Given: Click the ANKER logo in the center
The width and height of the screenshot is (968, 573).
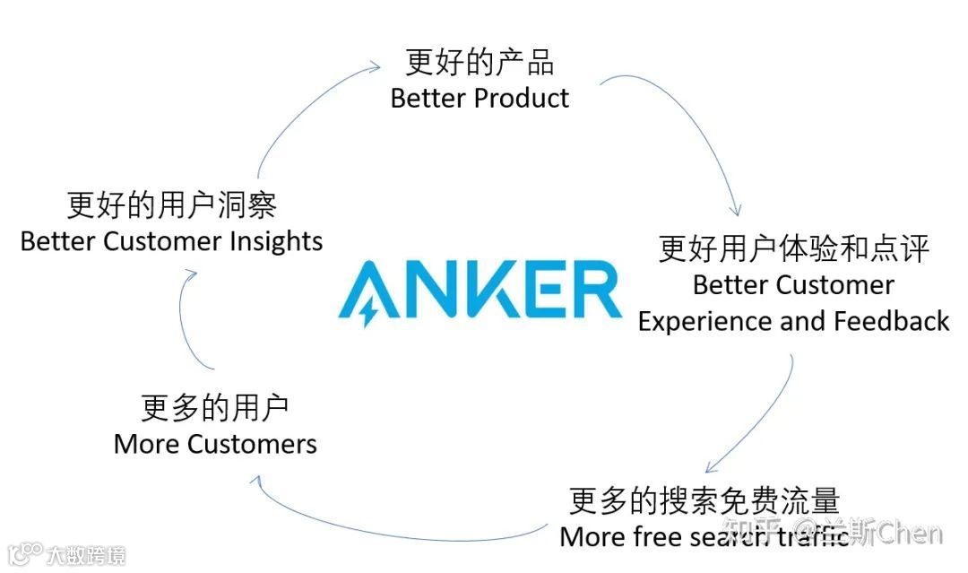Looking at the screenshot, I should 480,290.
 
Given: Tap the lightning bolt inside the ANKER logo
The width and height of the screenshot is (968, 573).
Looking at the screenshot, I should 367,308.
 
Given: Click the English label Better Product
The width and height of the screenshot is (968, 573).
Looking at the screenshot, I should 480,98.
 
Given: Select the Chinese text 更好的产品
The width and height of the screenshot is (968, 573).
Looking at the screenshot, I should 480,63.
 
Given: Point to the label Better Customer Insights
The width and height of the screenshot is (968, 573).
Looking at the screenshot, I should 171,241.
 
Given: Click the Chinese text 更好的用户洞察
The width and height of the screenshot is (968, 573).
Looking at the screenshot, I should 171,205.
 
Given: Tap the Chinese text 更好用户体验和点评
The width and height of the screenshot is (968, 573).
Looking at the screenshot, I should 794,249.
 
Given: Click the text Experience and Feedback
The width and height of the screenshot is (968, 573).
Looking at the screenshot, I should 793,321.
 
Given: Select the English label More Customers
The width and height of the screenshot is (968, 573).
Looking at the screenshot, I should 215,444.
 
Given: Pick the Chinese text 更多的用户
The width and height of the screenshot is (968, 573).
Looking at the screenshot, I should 215,408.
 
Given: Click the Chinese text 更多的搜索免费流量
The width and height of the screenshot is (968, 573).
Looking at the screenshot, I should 704,500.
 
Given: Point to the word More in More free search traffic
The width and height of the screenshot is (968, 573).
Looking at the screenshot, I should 590,536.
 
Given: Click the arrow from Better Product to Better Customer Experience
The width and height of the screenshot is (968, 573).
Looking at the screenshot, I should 699,126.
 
